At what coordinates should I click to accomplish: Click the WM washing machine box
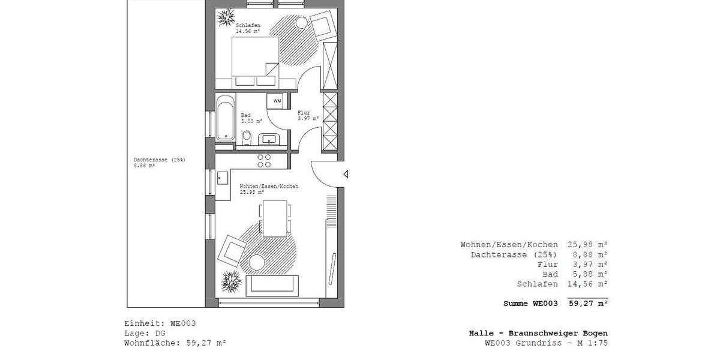click(x=277, y=101)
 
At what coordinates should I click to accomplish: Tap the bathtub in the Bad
click(x=226, y=118)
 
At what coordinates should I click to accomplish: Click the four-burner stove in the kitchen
click(x=265, y=160)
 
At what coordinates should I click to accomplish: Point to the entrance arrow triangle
click(x=345, y=175)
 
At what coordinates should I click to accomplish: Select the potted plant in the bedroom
click(x=227, y=19)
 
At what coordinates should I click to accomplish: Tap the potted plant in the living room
click(x=231, y=281)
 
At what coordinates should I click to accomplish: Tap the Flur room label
click(x=304, y=112)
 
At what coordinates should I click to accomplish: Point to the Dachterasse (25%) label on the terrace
click(x=159, y=160)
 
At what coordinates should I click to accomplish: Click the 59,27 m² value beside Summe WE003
click(x=587, y=304)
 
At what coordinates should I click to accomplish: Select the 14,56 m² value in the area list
click(x=587, y=284)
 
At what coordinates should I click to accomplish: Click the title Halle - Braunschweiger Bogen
click(x=538, y=333)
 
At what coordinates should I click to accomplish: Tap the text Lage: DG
click(x=145, y=333)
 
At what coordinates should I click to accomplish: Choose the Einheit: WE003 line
click(x=160, y=323)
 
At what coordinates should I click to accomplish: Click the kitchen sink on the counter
click(x=223, y=178)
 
